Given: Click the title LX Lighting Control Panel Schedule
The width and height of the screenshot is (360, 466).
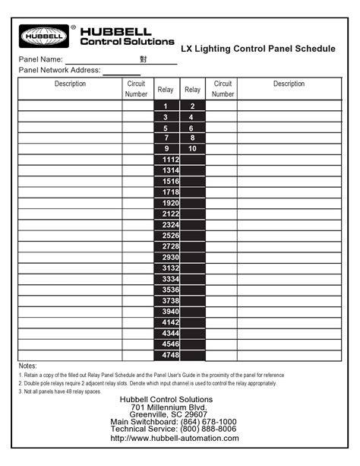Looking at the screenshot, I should pyautogui.click(x=257, y=49).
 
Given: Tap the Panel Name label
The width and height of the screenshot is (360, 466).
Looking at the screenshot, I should pyautogui.click(x=40, y=59).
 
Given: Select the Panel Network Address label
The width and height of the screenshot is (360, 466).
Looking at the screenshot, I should pyautogui.click(x=58, y=70).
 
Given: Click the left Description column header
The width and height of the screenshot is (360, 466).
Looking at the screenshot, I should pyautogui.click(x=70, y=84).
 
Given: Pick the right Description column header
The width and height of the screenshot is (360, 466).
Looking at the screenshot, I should pyautogui.click(x=289, y=84).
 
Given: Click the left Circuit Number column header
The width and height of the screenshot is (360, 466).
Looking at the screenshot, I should pyautogui.click(x=136, y=89).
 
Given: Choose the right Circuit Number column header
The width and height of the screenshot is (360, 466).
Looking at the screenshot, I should pyautogui.click(x=223, y=89).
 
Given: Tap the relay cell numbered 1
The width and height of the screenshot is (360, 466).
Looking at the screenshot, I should pyautogui.click(x=166, y=106).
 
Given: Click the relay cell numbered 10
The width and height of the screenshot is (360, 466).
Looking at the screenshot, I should pyautogui.click(x=192, y=149).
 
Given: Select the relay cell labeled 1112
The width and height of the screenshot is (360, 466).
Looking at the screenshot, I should pyautogui.click(x=171, y=160).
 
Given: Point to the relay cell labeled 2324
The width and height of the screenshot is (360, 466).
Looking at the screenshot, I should pyautogui.click(x=171, y=225).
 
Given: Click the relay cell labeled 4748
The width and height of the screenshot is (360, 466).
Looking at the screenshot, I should pyautogui.click(x=171, y=355).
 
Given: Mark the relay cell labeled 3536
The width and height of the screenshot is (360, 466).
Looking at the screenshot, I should pyautogui.click(x=171, y=290).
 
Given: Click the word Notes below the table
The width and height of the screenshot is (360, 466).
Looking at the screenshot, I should pyautogui.click(x=27, y=366).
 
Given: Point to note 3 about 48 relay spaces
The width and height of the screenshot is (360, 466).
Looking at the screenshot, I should pyautogui.click(x=61, y=392).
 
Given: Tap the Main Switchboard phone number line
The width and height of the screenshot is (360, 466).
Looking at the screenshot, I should pyautogui.click(x=173, y=422).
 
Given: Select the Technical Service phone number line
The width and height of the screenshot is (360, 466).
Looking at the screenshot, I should pyautogui.click(x=173, y=430).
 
